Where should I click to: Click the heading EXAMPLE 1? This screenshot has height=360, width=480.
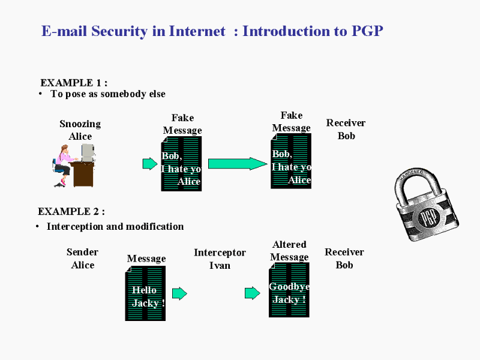pos(73,83)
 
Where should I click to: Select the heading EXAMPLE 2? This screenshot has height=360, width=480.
pos(71,211)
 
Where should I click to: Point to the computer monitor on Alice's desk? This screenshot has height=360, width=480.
pos(88,151)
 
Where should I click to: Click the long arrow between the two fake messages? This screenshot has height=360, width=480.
pos(236,164)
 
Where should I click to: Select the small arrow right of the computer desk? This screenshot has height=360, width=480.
pos(149,164)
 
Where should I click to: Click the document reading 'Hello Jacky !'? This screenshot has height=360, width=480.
pos(145,293)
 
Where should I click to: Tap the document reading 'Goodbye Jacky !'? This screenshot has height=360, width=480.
pos(289,290)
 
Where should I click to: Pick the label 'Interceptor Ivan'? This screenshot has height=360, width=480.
pos(220,259)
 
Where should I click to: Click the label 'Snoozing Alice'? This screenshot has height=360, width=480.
pos(80,130)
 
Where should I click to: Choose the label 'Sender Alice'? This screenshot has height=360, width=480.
pos(82,258)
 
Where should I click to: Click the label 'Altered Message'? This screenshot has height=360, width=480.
pos(289,250)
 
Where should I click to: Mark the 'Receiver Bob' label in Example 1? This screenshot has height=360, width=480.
pos(346,129)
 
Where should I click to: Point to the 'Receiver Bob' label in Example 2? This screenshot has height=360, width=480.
pos(344,258)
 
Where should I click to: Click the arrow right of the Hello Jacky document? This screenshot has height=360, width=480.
pos(179,293)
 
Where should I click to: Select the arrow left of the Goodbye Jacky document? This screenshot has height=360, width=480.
pos(252,293)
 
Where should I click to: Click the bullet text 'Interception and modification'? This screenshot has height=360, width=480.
pos(115,226)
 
